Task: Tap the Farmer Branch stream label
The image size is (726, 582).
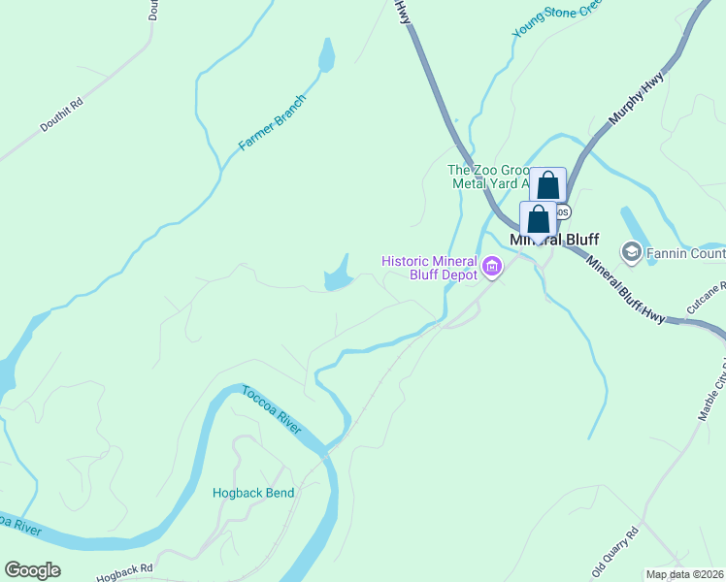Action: point(273,123)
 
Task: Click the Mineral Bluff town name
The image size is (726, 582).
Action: point(554,240)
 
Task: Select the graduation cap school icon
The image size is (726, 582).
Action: point(632,253)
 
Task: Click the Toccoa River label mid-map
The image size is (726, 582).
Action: point(272,412)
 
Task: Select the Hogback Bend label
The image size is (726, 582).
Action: point(253,493)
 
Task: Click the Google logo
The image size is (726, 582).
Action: point(32,570)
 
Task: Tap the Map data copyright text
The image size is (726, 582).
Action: point(685,574)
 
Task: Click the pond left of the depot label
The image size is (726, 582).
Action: point(338,276)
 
